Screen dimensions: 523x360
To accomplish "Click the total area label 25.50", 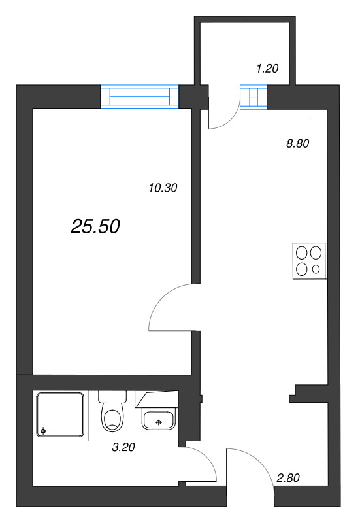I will [95, 226].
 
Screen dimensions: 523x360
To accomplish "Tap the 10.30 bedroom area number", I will [163, 188].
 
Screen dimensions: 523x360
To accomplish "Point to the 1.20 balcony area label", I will [268, 68].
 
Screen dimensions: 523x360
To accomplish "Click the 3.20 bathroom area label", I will [125, 448].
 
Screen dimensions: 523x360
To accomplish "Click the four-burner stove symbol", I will [309, 261].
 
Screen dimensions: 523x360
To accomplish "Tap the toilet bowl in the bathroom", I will [113, 418].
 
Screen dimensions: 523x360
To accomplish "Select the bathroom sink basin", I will [157, 420].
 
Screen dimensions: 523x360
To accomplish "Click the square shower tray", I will [61, 415].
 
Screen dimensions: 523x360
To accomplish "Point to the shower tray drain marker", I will [43, 430].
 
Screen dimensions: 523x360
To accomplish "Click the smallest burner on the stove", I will [317, 269].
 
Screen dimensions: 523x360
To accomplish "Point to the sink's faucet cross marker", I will [157, 422].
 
